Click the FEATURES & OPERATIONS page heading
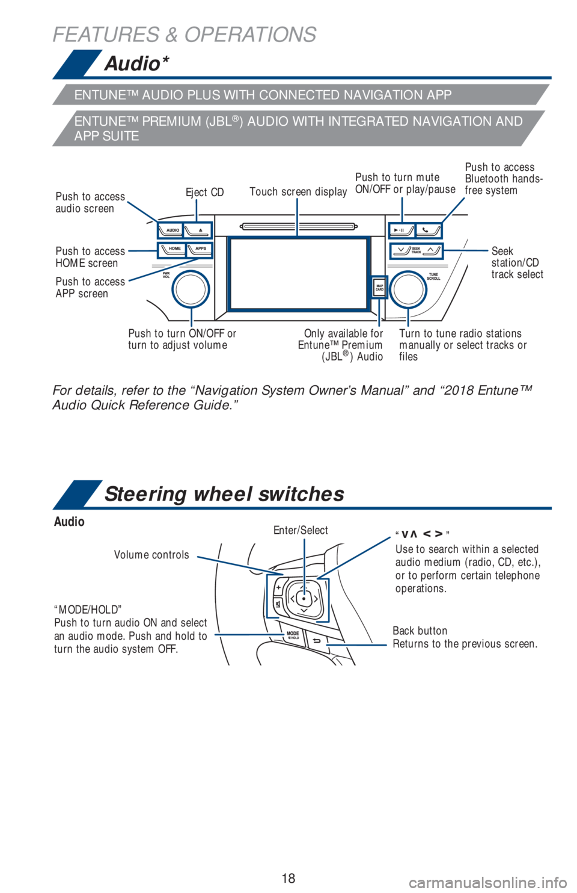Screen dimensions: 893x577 (x=184, y=34)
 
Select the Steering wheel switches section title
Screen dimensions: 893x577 (x=224, y=494)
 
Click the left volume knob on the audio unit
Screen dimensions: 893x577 (x=190, y=289)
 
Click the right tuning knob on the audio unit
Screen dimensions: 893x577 (x=409, y=289)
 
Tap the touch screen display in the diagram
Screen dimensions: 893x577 (x=298, y=273)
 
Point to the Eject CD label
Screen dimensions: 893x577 (x=204, y=192)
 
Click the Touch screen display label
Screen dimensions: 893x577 (x=298, y=192)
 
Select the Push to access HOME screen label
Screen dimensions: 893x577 (x=90, y=257)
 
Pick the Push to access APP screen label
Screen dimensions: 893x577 (x=90, y=288)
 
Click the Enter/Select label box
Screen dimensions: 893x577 (x=304, y=531)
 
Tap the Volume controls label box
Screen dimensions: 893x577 (x=153, y=555)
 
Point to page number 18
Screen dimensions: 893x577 (x=288, y=878)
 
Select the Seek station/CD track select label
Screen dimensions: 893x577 (x=517, y=262)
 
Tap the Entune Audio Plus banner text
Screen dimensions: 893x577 (x=263, y=95)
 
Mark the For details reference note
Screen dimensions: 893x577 (x=292, y=397)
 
